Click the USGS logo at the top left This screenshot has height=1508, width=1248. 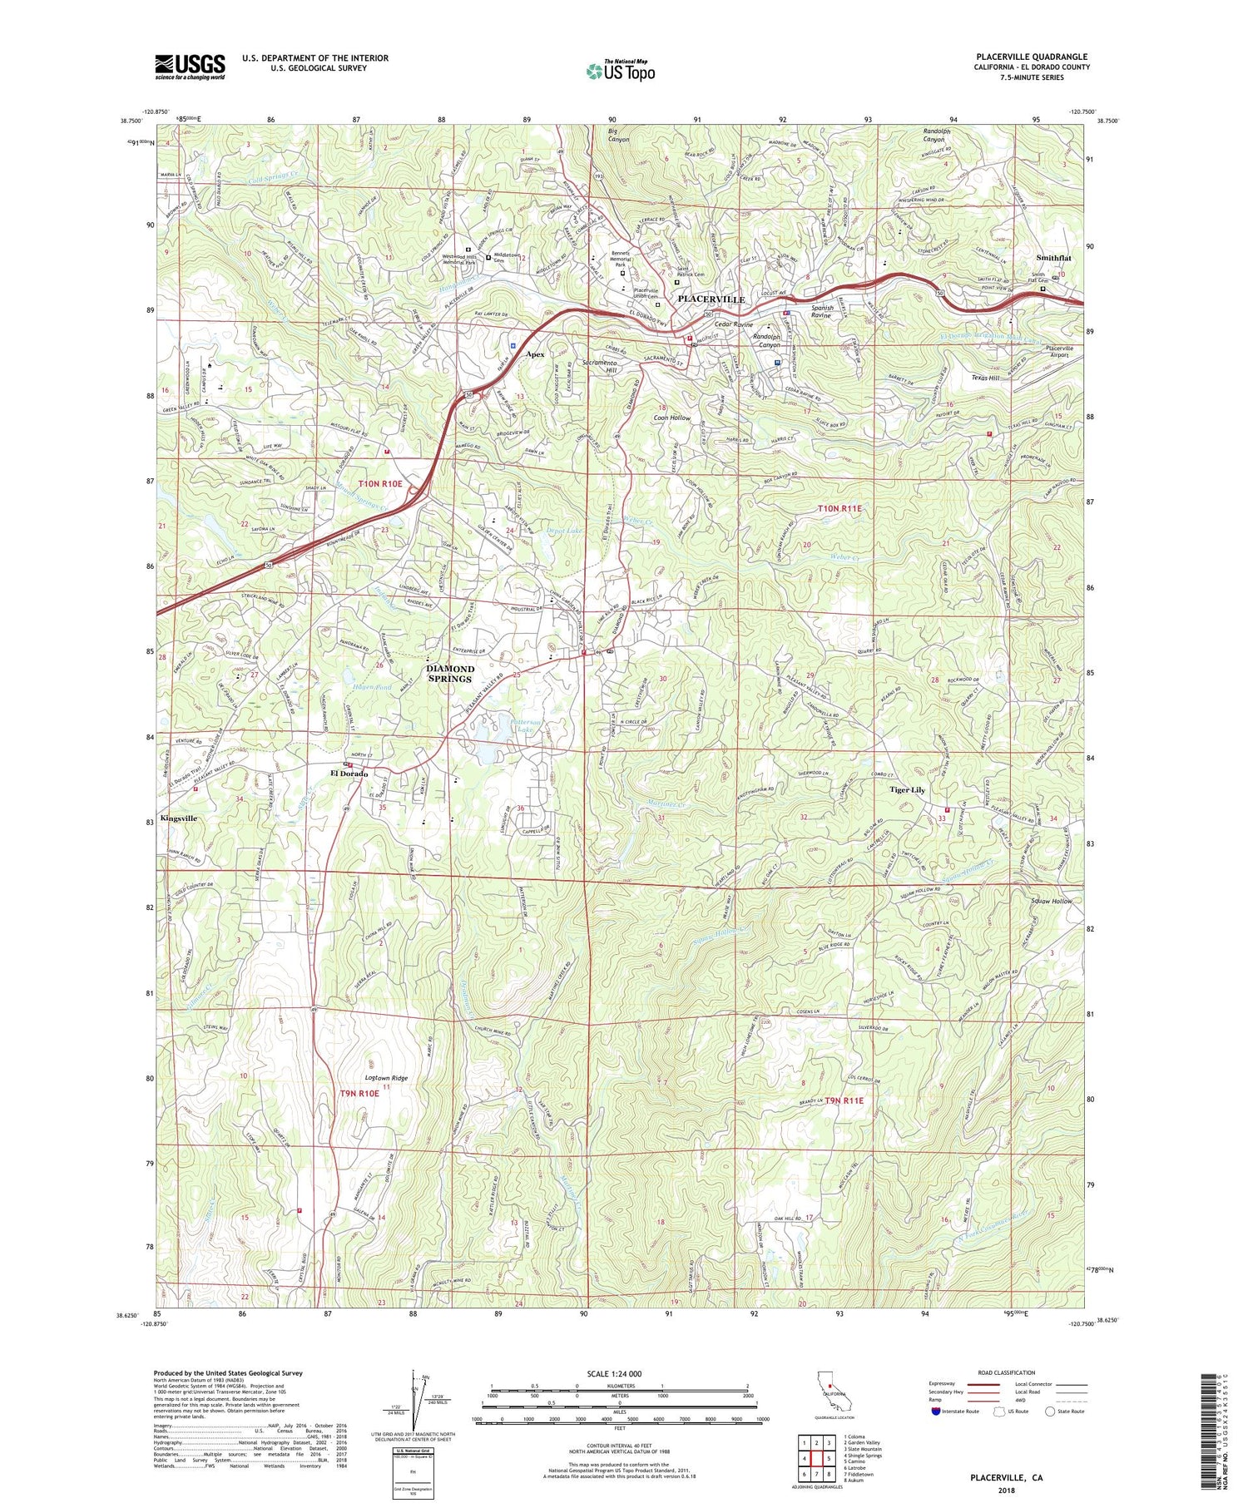[x=190, y=67]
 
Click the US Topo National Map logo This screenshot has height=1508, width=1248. [x=620, y=71]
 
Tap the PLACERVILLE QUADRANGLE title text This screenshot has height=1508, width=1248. [x=1032, y=57]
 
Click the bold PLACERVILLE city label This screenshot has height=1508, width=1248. [x=711, y=299]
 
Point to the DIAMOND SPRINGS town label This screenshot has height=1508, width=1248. [x=450, y=674]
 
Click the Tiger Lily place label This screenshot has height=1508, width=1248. [x=907, y=790]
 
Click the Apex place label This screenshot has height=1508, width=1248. [x=535, y=354]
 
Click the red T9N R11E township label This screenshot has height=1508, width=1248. [x=844, y=1100]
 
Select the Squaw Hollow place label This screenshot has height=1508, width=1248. [x=1052, y=902]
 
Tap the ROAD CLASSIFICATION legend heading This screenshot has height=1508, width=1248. [x=1007, y=1373]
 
